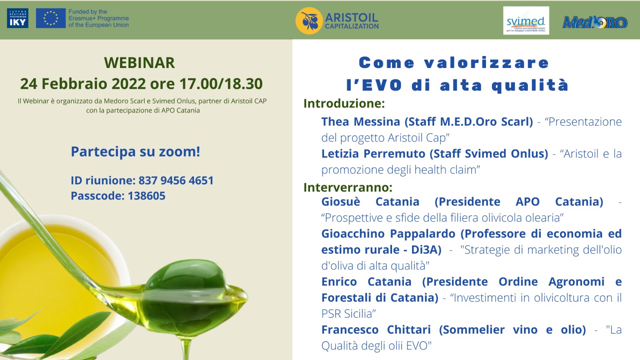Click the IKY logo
tap(18, 18)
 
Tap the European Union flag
tap(50, 18)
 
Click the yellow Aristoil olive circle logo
tap(309, 21)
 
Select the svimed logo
tap(526, 20)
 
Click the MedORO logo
tap(595, 22)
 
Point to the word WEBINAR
tap(140, 63)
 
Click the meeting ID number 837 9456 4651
tap(176, 180)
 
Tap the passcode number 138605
tap(146, 196)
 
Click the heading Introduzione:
tap(344, 104)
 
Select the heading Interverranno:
tap(348, 188)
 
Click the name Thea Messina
tap(360, 122)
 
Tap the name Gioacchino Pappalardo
tap(388, 234)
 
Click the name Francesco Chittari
tap(376, 330)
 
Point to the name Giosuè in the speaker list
tap(340, 202)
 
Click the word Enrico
tap(339, 282)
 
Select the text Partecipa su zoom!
tap(136, 152)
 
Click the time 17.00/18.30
tap(221, 84)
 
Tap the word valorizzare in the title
tap(486, 63)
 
